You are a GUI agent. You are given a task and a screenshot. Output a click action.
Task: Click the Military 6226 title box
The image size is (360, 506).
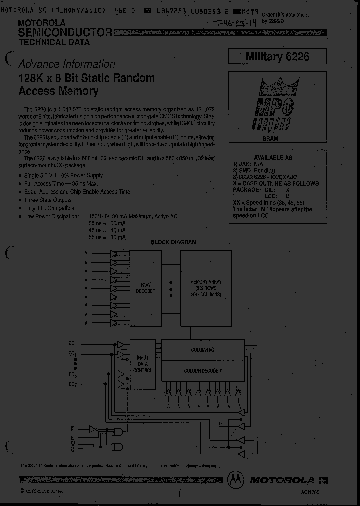coord(277,56)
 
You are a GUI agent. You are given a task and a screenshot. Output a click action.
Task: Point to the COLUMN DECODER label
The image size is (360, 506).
coord(203,371)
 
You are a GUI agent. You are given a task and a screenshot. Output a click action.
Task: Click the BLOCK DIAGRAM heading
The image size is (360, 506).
coord(173,242)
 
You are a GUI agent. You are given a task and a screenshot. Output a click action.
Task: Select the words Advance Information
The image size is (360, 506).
coord(66,64)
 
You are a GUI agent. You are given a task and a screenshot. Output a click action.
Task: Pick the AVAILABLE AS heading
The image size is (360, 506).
coord(273,157)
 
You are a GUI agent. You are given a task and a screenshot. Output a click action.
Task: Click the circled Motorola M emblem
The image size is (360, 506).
coord(237,480)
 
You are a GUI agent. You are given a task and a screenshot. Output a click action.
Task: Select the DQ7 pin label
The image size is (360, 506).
coord(73,384)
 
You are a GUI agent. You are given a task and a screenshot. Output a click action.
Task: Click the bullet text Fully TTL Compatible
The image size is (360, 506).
coord(49,208)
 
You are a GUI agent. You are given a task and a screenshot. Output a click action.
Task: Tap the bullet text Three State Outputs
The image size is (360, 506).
coord(48,200)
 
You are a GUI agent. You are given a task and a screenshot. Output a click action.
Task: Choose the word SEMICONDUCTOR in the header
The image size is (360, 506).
coord(65,33)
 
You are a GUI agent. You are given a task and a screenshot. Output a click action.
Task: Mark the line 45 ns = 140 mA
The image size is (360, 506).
coord(107,231)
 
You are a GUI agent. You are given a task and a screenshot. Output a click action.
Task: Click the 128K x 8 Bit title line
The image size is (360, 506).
coord(86,79)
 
